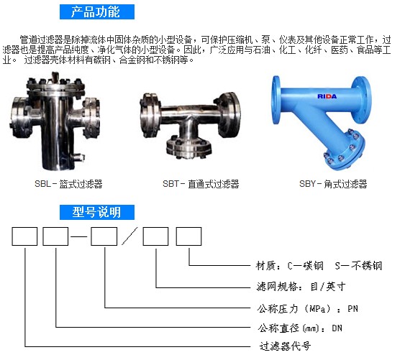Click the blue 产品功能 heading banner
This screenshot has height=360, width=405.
tap(97, 12)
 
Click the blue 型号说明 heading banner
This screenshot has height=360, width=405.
tap(97, 213)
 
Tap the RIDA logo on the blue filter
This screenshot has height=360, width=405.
tap(327, 96)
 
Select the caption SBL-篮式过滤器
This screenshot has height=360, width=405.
tap(68, 184)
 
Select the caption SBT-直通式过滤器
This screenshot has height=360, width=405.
tap(201, 184)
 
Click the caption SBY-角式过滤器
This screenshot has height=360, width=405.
tap(333, 184)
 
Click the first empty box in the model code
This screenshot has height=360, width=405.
tap(24, 236)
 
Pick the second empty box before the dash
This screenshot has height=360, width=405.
tap(55, 236)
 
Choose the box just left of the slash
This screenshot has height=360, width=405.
tap(104, 236)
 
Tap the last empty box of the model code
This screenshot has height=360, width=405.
tap(188, 236)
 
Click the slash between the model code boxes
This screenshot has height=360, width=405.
tap(129, 236)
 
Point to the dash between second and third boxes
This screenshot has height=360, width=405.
tap(79, 236)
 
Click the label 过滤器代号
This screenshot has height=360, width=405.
tap(285, 346)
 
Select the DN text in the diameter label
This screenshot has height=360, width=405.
tap(337, 328)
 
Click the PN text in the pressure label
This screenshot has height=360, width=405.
tap(352, 309)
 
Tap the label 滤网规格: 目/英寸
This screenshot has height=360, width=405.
tap(301, 287)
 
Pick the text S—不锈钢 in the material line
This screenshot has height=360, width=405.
tap(358, 266)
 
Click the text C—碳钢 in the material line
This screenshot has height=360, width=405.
tap(305, 266)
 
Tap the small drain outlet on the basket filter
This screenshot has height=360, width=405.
tap(78, 157)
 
